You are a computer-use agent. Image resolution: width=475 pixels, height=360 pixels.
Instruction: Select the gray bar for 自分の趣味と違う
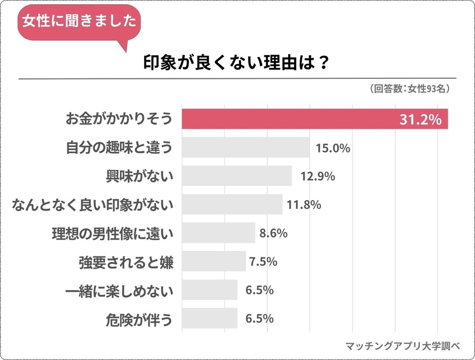click(246, 148)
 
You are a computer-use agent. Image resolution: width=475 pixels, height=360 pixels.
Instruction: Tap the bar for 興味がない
click(236, 176)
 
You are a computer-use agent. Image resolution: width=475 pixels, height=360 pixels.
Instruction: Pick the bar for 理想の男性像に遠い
click(218, 233)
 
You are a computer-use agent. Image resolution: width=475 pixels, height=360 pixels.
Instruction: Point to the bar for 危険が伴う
click(209, 319)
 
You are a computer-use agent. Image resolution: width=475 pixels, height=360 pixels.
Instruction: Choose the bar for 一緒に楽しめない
click(209, 290)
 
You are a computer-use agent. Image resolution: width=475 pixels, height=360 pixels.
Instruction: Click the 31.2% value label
click(421, 120)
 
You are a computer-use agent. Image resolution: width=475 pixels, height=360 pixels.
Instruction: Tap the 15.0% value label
click(333, 148)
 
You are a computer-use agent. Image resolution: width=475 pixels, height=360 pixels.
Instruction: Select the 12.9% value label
click(315, 176)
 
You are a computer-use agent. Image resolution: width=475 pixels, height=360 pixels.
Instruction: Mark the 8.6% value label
click(273, 233)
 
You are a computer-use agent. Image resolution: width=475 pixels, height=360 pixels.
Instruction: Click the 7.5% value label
click(263, 261)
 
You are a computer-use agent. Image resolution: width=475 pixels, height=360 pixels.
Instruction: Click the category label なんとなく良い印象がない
click(92, 205)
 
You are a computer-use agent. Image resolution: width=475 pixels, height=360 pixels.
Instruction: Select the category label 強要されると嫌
click(126, 262)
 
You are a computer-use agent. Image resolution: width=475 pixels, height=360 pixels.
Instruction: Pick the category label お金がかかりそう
click(119, 119)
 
